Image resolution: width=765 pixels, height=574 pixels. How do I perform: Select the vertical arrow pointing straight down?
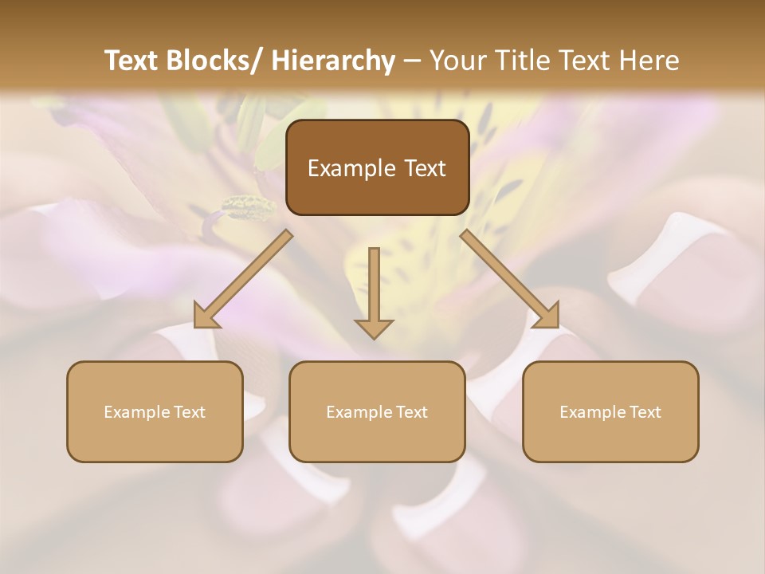(374, 292)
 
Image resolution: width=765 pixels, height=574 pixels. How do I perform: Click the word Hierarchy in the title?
(332, 61)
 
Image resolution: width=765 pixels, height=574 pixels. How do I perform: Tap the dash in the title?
(412, 61)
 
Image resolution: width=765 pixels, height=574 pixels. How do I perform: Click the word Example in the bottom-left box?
(137, 412)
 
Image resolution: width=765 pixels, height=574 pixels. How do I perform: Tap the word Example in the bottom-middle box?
(359, 412)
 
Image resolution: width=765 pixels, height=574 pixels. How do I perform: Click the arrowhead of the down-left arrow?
(206, 317)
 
